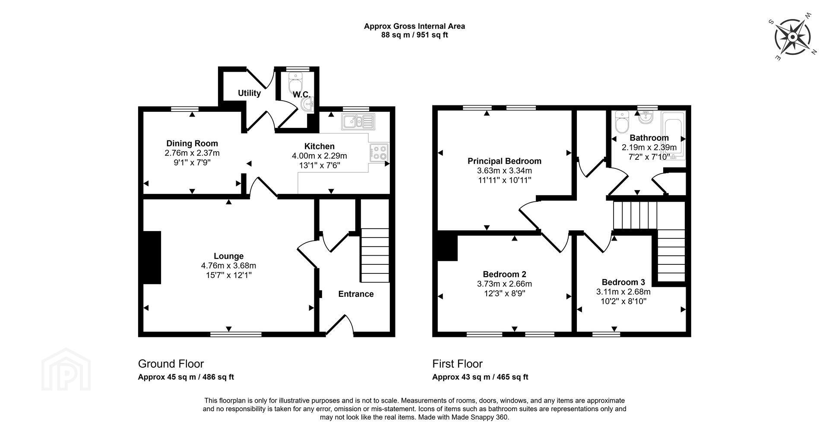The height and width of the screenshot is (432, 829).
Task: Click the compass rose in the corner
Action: [x=793, y=37]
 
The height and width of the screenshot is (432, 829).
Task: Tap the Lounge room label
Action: [x=229, y=256]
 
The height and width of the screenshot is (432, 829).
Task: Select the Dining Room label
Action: [x=192, y=143]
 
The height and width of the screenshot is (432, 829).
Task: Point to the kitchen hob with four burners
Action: [x=379, y=153]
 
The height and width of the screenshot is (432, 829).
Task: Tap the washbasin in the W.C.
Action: [x=308, y=104]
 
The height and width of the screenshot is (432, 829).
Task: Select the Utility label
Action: [x=249, y=93]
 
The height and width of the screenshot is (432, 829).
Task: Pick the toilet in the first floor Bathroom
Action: [x=622, y=123]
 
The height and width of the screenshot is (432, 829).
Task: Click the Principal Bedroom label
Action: [x=504, y=161]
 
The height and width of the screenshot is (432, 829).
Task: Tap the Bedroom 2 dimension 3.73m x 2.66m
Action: [x=504, y=284]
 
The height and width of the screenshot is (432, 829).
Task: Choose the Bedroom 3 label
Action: [x=623, y=282]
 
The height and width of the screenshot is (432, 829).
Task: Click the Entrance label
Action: [x=356, y=294]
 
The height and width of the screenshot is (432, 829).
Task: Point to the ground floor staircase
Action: [x=375, y=255]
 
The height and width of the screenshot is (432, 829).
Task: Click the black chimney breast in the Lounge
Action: [x=152, y=257]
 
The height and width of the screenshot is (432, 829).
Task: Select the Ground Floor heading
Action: [x=171, y=364]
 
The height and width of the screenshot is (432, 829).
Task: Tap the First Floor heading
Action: [x=458, y=364]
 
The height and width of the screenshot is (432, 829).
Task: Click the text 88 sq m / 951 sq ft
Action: [x=414, y=35]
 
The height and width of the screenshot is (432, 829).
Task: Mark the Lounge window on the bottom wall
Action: [x=236, y=334]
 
